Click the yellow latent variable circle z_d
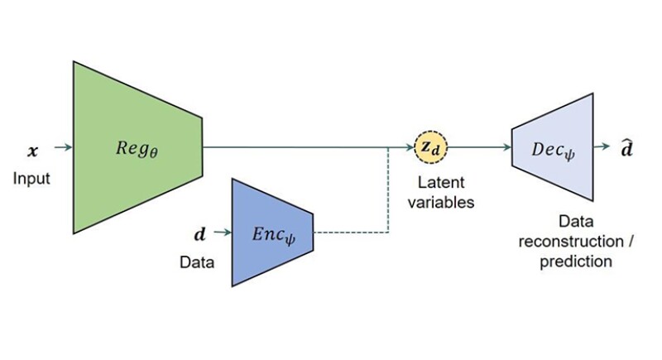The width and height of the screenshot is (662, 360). (x=429, y=148)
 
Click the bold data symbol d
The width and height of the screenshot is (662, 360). (x=199, y=235)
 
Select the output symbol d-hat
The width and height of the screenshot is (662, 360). (x=630, y=148)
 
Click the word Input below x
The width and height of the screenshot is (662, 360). (x=31, y=178)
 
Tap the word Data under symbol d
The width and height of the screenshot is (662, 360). (x=197, y=262)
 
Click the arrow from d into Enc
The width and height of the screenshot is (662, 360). (x=221, y=233)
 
